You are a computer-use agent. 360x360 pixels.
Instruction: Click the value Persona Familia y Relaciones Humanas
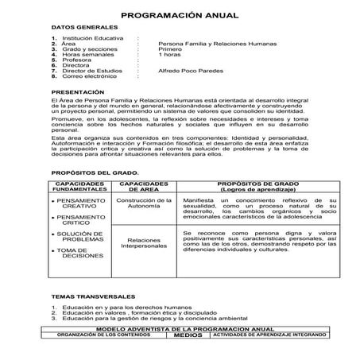click(x=217, y=45)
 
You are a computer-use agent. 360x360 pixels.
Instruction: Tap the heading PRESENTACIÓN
click(x=78, y=92)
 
